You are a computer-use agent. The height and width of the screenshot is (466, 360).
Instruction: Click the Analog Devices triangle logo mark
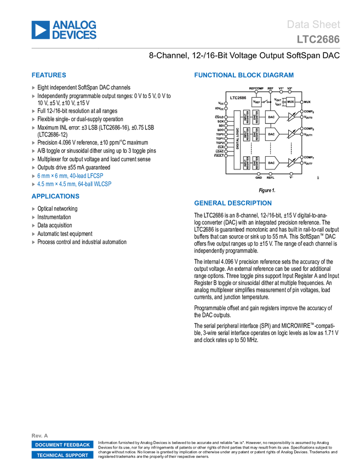pos(40,30)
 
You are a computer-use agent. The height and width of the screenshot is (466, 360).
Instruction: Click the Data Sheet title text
pos(313,25)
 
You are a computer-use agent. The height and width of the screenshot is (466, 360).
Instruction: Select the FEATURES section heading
pos(49,76)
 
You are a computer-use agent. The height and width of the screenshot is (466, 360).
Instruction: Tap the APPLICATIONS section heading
pos(55,196)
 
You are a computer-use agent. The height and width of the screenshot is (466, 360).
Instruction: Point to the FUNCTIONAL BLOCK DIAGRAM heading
pos(244,75)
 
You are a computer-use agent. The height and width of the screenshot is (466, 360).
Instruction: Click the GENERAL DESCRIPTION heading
pos(232,203)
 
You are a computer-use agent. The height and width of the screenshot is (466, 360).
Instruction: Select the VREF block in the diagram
pos(256,102)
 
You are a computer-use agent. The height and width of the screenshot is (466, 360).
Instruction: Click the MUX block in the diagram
pos(290,102)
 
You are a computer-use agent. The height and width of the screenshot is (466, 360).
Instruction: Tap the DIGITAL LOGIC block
pos(238,139)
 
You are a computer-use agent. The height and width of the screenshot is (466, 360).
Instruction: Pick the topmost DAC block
pos(272,117)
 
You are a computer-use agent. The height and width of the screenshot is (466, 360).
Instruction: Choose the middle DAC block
pos(272,134)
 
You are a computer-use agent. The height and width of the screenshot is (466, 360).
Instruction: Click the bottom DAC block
pos(272,163)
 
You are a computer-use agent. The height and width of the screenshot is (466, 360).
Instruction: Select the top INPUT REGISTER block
pos(247,117)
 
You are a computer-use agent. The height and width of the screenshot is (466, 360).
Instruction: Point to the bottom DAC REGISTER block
pos(255,163)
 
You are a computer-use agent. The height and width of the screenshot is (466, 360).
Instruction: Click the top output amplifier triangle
pos(291,117)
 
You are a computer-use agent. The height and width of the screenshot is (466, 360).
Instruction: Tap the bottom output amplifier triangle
pos(291,163)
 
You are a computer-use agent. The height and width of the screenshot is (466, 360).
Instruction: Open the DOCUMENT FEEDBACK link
pos(62,445)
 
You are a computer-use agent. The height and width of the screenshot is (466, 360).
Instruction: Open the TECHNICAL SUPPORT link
pos(62,455)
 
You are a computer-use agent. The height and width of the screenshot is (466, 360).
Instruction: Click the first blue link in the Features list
pos(70,175)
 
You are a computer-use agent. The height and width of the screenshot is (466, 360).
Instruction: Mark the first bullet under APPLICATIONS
pos(33,208)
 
